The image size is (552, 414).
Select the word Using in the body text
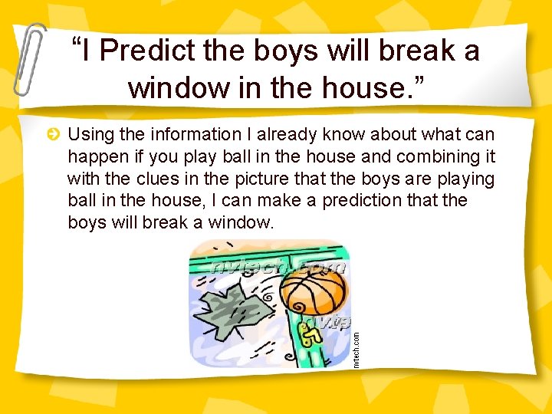[89, 136]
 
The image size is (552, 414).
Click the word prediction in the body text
[368, 201]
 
